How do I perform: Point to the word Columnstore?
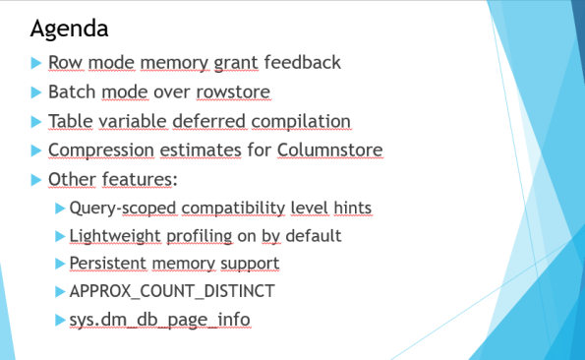click(329, 151)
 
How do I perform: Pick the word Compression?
click(92, 151)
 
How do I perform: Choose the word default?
click(314, 236)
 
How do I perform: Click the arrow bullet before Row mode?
click(36, 63)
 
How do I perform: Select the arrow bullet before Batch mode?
click(36, 92)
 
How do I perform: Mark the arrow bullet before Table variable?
click(36, 122)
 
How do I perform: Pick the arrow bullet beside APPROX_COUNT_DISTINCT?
click(61, 292)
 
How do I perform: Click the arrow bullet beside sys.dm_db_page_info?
click(61, 320)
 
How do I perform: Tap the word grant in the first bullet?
click(235, 63)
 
